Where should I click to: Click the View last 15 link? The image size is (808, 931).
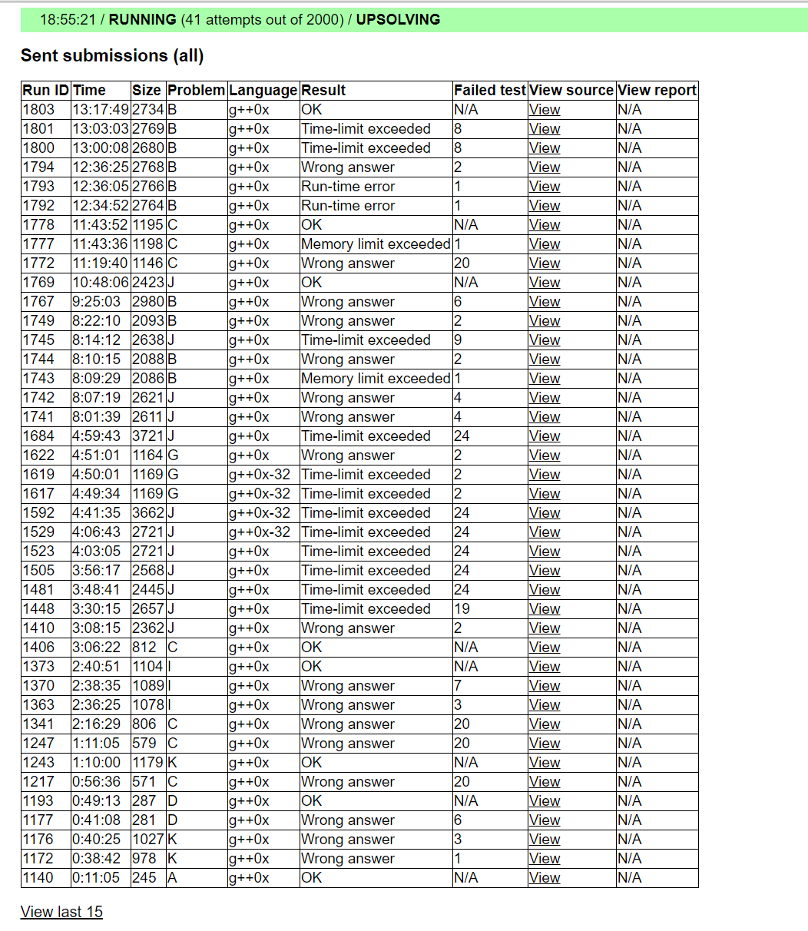pyautogui.click(x=61, y=912)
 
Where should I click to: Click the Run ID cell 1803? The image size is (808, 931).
pyautogui.click(x=38, y=110)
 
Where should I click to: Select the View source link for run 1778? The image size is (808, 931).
pyautogui.click(x=545, y=225)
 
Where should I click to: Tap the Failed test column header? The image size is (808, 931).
pyautogui.click(x=489, y=91)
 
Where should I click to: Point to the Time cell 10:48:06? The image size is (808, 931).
pyautogui.click(x=100, y=283)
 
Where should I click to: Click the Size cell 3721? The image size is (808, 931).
pyautogui.click(x=147, y=436)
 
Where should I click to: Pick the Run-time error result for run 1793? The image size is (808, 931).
pyautogui.click(x=348, y=187)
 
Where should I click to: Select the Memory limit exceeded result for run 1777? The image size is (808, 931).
pyautogui.click(x=376, y=244)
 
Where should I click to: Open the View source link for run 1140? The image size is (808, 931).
pyautogui.click(x=545, y=878)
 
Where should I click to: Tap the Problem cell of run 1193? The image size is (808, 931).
pyautogui.click(x=173, y=801)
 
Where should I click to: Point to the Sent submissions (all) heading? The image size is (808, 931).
pyautogui.click(x=112, y=55)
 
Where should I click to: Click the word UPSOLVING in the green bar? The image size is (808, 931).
pyautogui.click(x=398, y=20)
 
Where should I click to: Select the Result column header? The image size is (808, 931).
pyautogui.click(x=323, y=91)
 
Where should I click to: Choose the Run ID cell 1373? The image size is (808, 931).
pyautogui.click(x=38, y=667)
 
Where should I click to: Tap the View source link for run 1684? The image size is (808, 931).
pyautogui.click(x=545, y=436)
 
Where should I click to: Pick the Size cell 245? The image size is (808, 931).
pyautogui.click(x=144, y=878)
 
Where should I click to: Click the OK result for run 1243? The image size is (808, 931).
pyautogui.click(x=312, y=763)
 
